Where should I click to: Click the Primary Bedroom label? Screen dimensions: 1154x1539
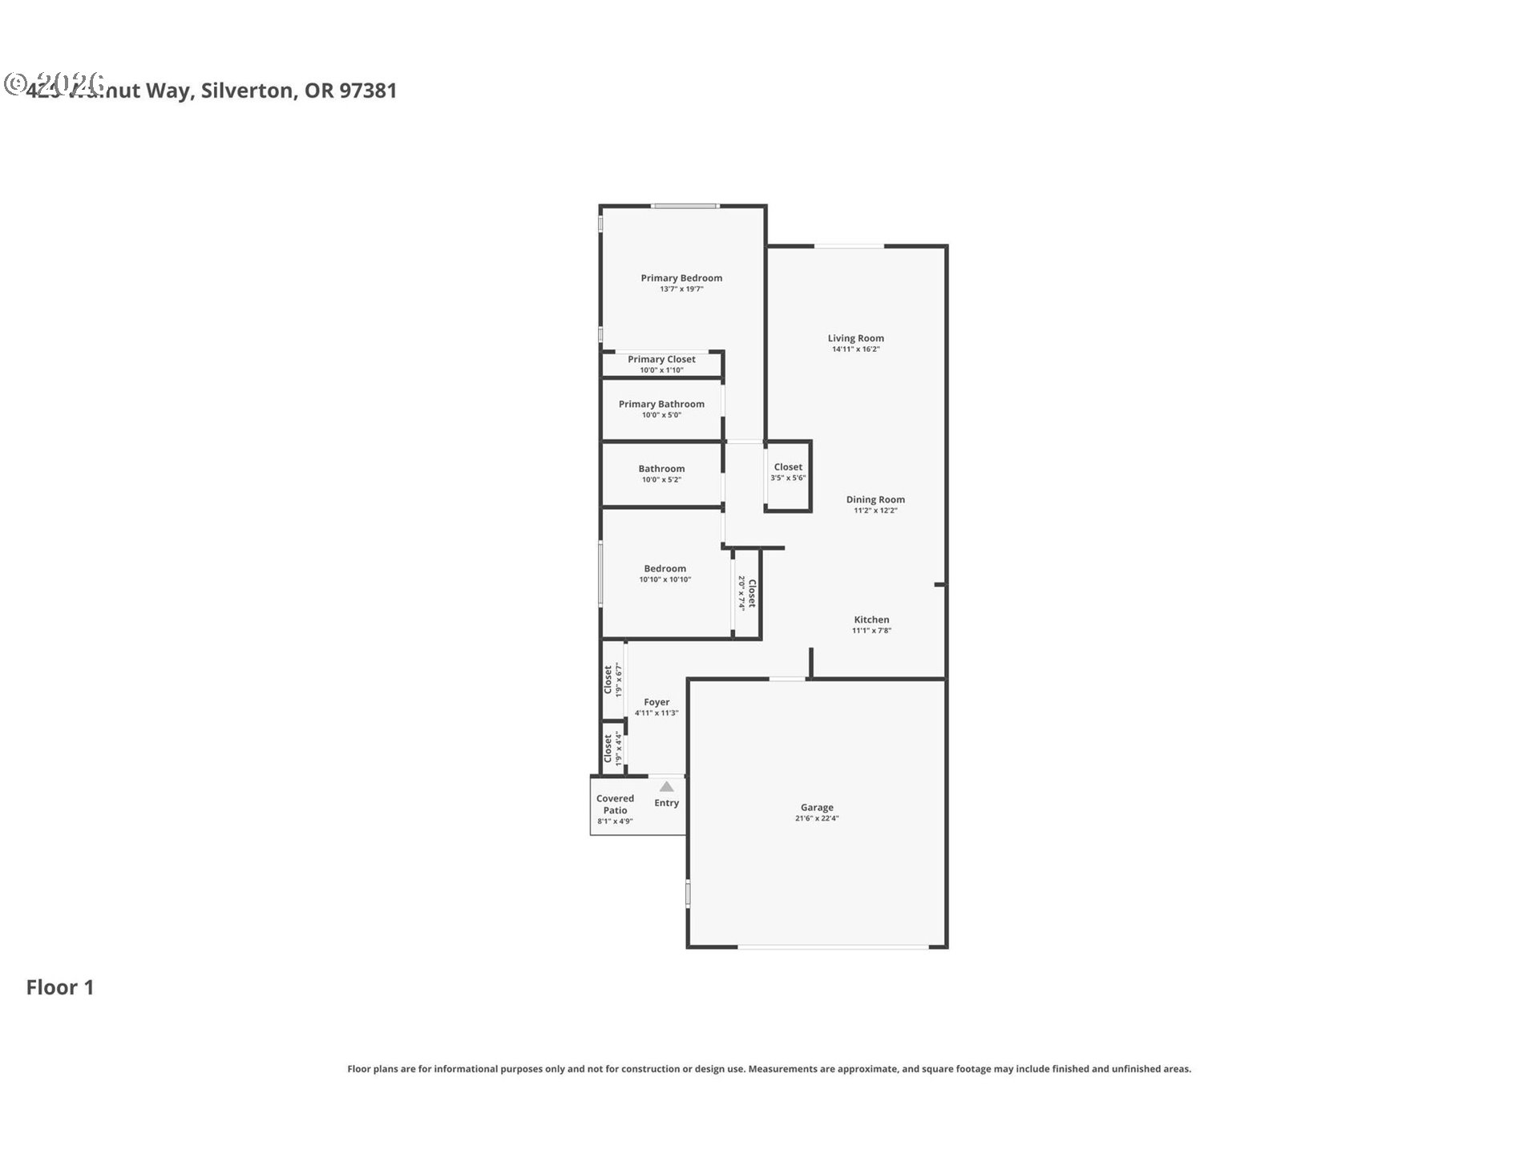681,278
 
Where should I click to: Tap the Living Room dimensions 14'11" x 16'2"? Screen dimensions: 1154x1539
855,349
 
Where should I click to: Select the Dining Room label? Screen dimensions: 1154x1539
875,499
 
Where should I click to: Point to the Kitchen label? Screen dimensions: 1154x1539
871,619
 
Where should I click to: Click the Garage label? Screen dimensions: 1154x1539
817,807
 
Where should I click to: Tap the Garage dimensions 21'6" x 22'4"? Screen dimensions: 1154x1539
817,818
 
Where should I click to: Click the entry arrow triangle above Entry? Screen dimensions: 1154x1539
666,786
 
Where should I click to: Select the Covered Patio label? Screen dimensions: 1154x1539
615,804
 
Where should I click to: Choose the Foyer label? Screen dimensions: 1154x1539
656,702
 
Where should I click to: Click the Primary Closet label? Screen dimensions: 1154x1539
661,359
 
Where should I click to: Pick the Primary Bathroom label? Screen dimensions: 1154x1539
661,404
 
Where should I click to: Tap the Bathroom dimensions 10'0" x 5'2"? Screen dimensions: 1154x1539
661,480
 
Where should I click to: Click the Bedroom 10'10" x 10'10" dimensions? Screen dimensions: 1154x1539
664,579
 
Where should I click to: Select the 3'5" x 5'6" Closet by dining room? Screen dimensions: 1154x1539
788,472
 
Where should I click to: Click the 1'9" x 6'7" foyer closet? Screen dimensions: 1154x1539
612,680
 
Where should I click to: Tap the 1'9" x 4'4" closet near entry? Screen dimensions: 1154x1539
612,748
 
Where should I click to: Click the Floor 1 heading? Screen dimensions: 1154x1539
60,987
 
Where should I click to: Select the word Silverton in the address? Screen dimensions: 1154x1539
247,91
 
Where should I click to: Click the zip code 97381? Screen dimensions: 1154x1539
368,91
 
